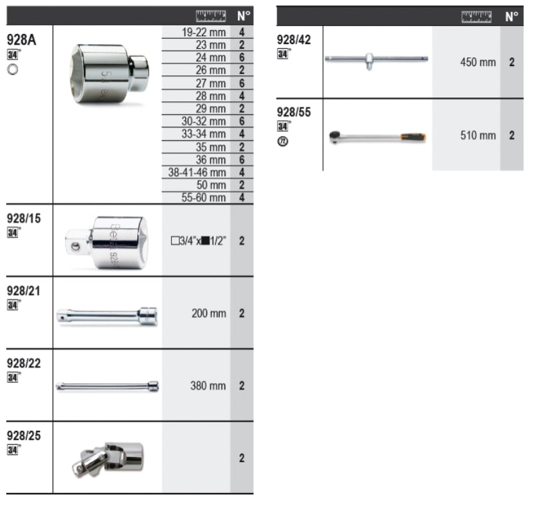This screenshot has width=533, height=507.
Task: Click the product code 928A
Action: click(21, 40)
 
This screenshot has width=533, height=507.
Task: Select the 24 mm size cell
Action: click(211, 57)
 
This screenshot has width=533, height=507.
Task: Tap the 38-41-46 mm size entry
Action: click(197, 173)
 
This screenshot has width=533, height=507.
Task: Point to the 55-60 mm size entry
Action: click(203, 197)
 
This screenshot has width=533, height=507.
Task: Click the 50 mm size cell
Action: click(211, 185)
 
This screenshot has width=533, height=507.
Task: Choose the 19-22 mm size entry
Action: click(203, 32)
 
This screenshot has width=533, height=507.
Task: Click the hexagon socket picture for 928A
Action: click(109, 74)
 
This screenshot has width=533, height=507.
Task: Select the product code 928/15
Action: click(24, 218)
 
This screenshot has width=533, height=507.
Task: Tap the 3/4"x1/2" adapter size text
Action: click(199, 241)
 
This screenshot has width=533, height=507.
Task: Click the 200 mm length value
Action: click(209, 314)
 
